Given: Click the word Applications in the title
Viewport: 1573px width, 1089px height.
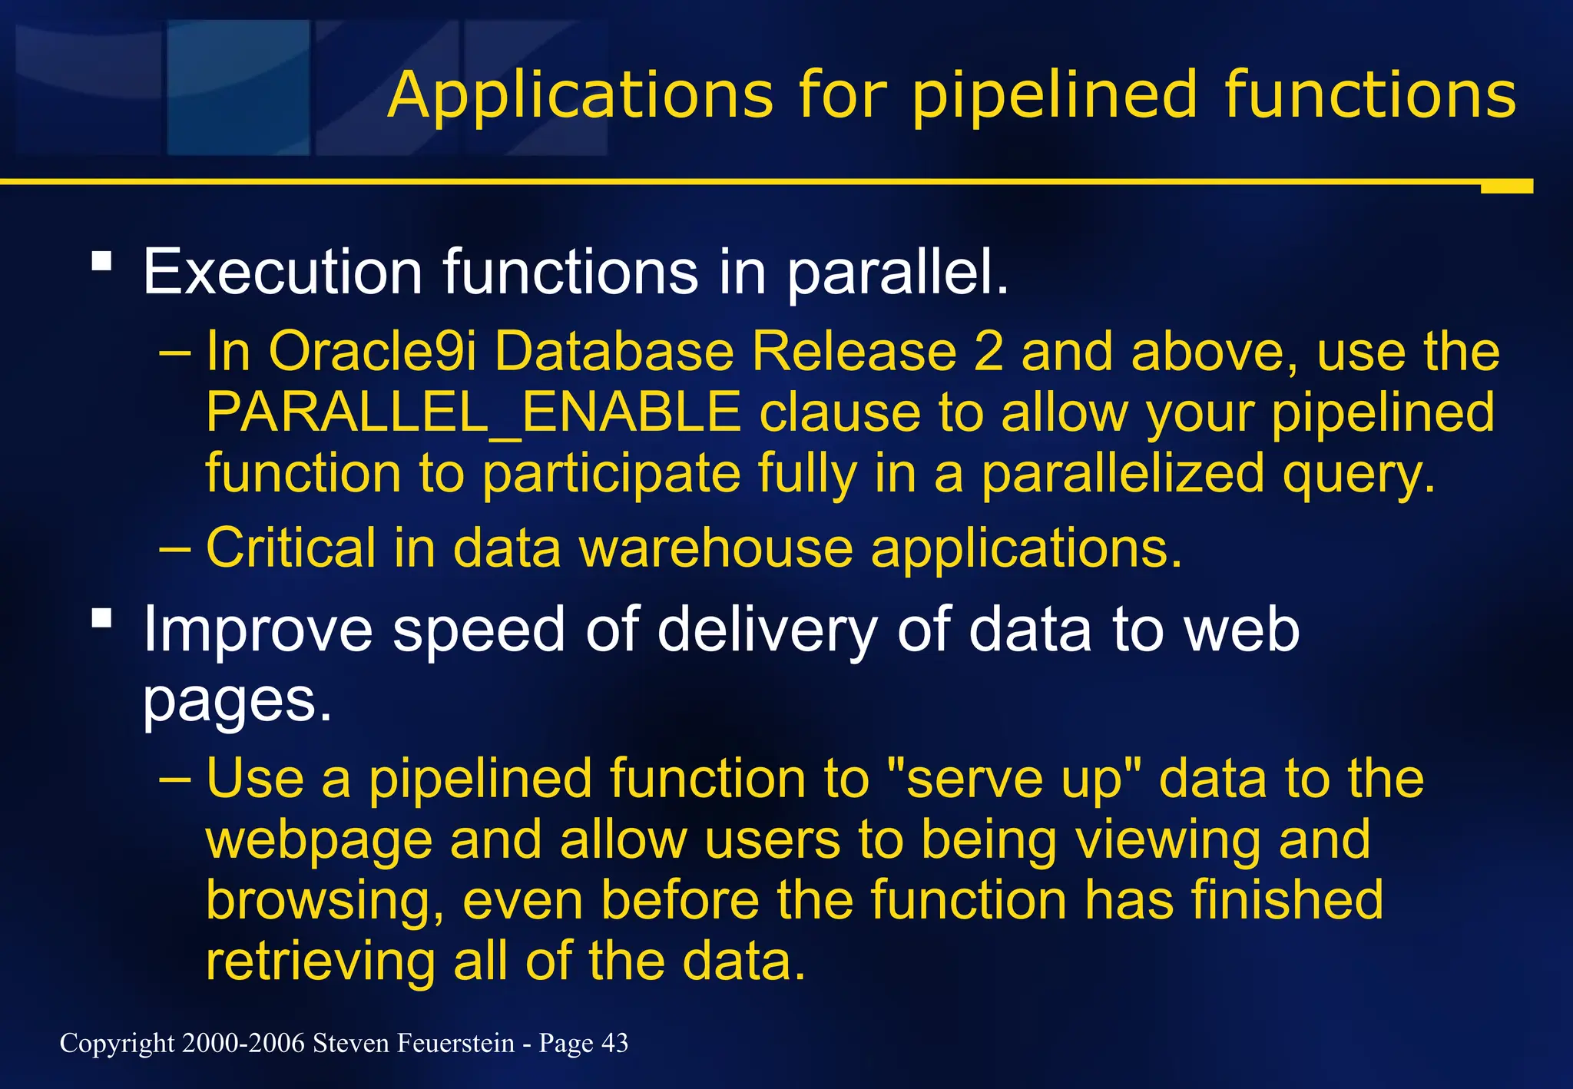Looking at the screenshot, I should (x=580, y=95).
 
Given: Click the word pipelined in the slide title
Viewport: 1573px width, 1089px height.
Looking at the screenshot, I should (x=1054, y=97).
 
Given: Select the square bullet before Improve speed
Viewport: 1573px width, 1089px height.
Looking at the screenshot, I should (x=101, y=617).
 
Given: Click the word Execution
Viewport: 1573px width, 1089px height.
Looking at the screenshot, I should (x=282, y=272).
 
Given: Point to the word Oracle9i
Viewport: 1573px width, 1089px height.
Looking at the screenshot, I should (x=372, y=352).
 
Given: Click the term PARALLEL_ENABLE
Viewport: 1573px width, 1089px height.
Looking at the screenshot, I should (x=473, y=412).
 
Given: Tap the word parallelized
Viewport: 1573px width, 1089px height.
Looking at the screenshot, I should (x=1122, y=473).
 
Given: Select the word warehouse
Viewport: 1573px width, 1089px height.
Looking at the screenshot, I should (x=716, y=548).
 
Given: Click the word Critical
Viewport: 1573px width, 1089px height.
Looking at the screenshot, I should (x=291, y=548).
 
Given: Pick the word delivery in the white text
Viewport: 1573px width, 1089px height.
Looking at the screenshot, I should (x=767, y=630).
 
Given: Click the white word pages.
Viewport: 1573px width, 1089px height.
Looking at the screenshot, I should (x=237, y=700).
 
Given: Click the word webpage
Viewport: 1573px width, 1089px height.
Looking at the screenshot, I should (x=319, y=839).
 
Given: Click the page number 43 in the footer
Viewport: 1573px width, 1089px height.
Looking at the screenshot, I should (x=614, y=1043).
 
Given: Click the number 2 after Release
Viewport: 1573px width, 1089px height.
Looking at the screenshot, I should (x=988, y=352).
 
